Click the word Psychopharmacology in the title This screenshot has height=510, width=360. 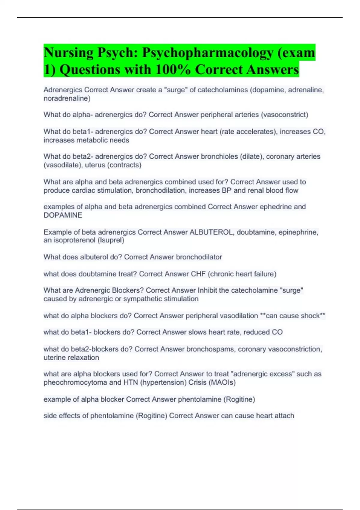pos(208,53)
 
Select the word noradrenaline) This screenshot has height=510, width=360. pos(67,98)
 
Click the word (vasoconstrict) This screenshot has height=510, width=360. pos(284,115)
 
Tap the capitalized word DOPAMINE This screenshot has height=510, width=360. pos(63,215)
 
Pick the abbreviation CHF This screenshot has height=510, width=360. pos(198,274)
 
